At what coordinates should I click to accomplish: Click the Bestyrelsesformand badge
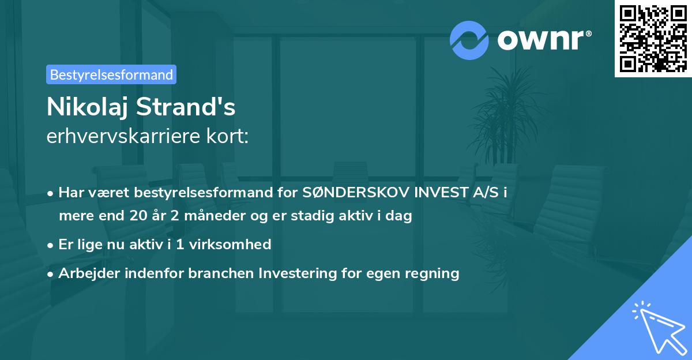[x=111, y=74]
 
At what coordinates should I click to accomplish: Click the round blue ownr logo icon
[x=469, y=40]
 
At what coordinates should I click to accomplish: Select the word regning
[x=432, y=273]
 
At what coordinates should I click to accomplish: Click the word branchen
[x=223, y=273]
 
